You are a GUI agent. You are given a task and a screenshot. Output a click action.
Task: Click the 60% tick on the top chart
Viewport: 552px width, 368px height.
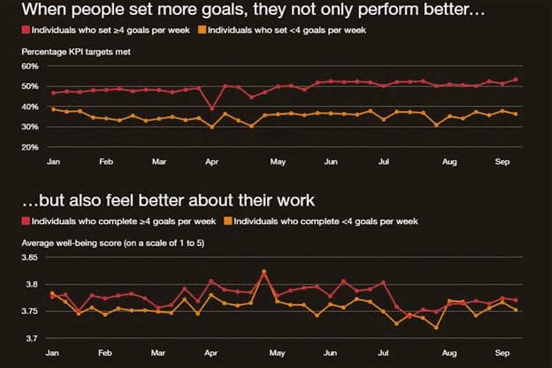tap(30, 66)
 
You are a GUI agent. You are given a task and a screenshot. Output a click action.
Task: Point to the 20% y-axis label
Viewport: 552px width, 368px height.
tap(30, 147)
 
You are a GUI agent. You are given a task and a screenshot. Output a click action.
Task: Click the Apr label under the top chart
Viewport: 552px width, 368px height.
tap(212, 162)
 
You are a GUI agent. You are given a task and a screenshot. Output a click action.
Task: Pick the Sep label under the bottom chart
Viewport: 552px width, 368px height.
tap(503, 354)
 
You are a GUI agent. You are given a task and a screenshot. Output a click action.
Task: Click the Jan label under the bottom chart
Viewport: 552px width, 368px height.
tap(52, 354)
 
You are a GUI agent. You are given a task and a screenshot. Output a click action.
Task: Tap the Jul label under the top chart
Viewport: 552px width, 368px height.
tap(383, 162)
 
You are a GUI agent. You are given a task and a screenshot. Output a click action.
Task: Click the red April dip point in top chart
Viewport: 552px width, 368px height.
tap(212, 109)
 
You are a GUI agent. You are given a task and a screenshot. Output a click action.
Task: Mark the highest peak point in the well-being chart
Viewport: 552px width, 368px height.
tap(264, 271)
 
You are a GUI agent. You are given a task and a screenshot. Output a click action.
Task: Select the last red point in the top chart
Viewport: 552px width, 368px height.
tap(516, 80)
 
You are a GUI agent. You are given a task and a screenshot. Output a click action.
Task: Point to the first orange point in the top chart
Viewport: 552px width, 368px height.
tap(53, 109)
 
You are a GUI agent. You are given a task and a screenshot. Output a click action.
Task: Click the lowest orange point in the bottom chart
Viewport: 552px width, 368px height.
tap(436, 328)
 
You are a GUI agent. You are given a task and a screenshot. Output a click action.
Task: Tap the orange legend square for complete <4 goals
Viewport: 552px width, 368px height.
tap(228, 222)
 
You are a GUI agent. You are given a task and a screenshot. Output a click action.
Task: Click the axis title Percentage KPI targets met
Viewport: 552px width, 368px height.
tap(76, 52)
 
